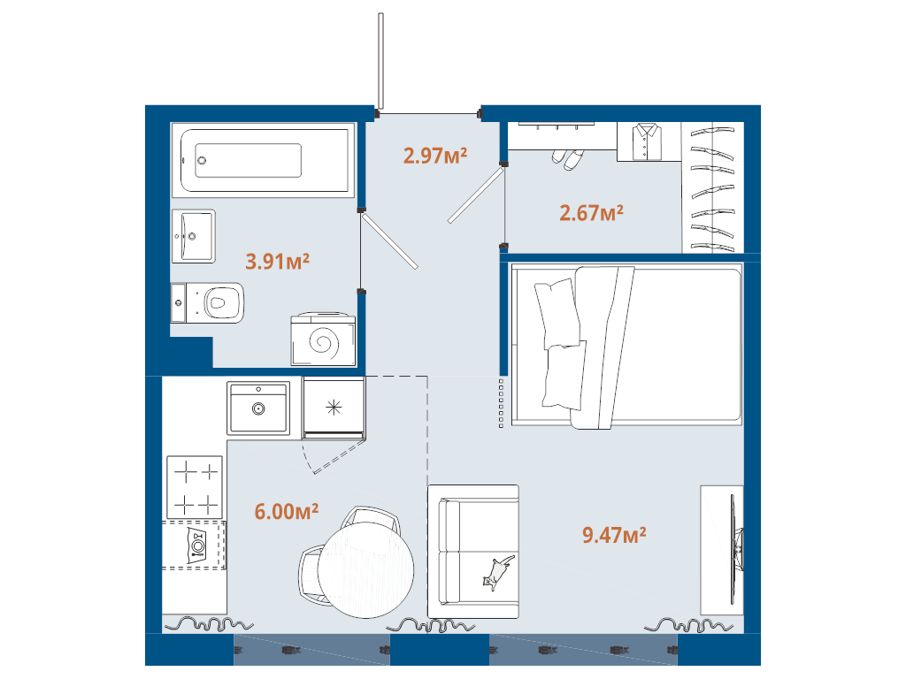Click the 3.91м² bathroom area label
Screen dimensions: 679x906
[277, 261]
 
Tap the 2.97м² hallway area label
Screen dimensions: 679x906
[435, 156]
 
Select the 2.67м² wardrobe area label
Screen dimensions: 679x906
[592, 213]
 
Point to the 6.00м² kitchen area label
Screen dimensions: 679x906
[287, 512]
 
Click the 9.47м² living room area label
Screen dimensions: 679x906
[614, 534]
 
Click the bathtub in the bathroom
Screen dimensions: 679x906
[265, 161]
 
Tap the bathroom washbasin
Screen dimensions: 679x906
[194, 236]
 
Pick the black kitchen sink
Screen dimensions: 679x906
[258, 408]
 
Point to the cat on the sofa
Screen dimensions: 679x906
[495, 572]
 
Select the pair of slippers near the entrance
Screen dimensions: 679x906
[568, 158]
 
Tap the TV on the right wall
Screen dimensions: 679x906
[734, 548]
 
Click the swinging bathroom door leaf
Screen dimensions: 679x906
[389, 240]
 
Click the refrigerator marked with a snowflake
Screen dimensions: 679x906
[334, 407]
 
